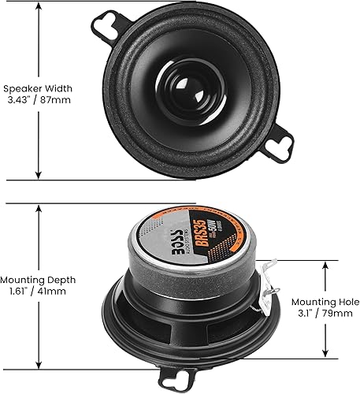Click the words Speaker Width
[34, 89]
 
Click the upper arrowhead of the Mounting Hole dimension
[324, 265]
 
